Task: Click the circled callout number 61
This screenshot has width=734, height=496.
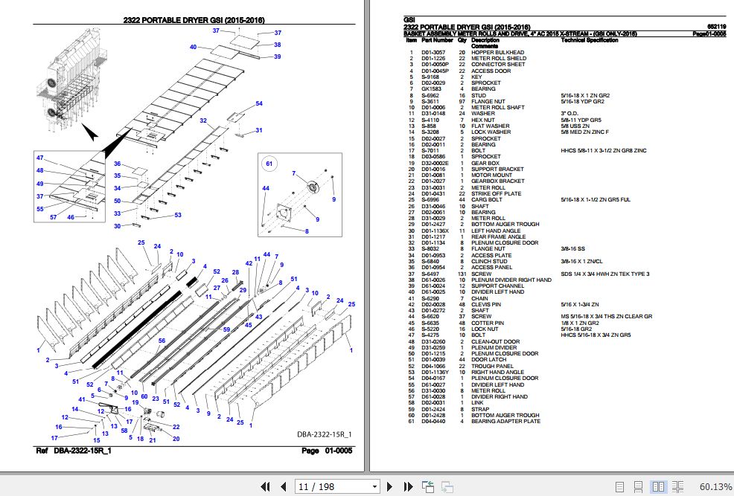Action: pyautogui.click(x=270, y=163)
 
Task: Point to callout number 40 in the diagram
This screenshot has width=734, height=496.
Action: pyautogui.click(x=193, y=48)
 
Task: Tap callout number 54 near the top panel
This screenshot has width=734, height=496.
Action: pyautogui.click(x=259, y=103)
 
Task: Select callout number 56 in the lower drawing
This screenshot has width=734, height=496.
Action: pyautogui.click(x=161, y=341)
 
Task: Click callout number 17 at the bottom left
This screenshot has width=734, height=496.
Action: pyautogui.click(x=54, y=438)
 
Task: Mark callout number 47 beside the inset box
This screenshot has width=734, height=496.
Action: pyautogui.click(x=39, y=158)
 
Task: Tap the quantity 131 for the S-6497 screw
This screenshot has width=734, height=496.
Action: pyautogui.click(x=462, y=274)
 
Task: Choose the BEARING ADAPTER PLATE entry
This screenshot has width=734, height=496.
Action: pyautogui.click(x=505, y=422)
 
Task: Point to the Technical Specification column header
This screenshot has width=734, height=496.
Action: pyautogui.click(x=589, y=40)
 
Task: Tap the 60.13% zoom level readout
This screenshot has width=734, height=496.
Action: pyautogui.click(x=715, y=486)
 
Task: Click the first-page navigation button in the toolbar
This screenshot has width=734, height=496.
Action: pyautogui.click(x=264, y=486)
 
